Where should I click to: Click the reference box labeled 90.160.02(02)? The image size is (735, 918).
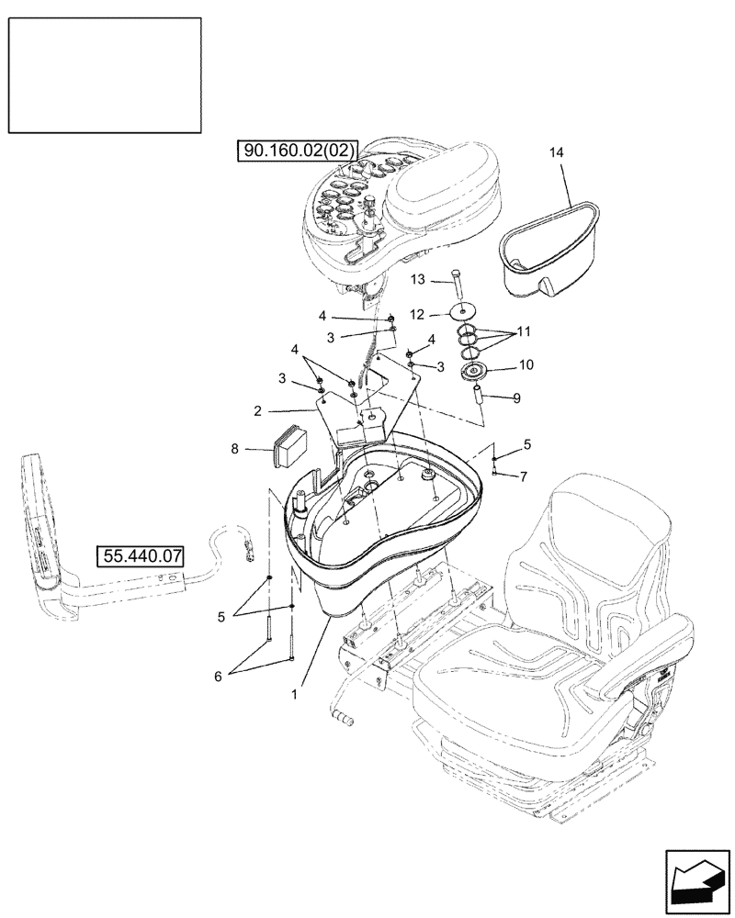300,149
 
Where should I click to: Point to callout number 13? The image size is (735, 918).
417,280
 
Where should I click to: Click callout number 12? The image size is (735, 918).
417,314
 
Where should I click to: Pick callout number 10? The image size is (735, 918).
526,364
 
